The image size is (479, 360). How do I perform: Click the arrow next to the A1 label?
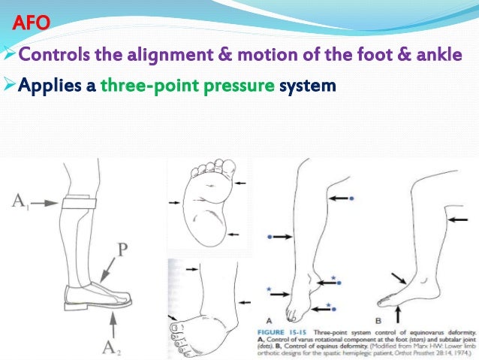point(44,201)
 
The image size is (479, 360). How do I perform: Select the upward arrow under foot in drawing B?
point(397,307)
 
